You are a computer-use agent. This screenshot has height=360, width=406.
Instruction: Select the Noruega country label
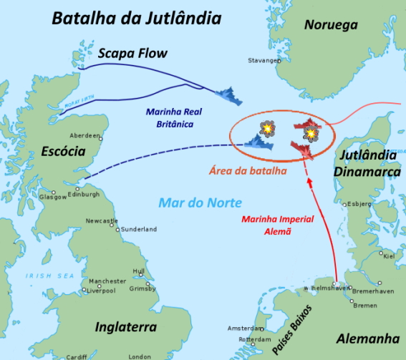[331, 25]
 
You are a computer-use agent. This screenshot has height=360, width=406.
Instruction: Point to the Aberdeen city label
[85, 135]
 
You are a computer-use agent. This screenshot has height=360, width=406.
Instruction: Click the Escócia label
[63, 152]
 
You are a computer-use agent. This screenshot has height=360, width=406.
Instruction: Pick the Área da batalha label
[247, 171]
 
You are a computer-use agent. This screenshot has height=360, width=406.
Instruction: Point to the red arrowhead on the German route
[310, 183]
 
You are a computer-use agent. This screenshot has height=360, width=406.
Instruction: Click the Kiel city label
[388, 255]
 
